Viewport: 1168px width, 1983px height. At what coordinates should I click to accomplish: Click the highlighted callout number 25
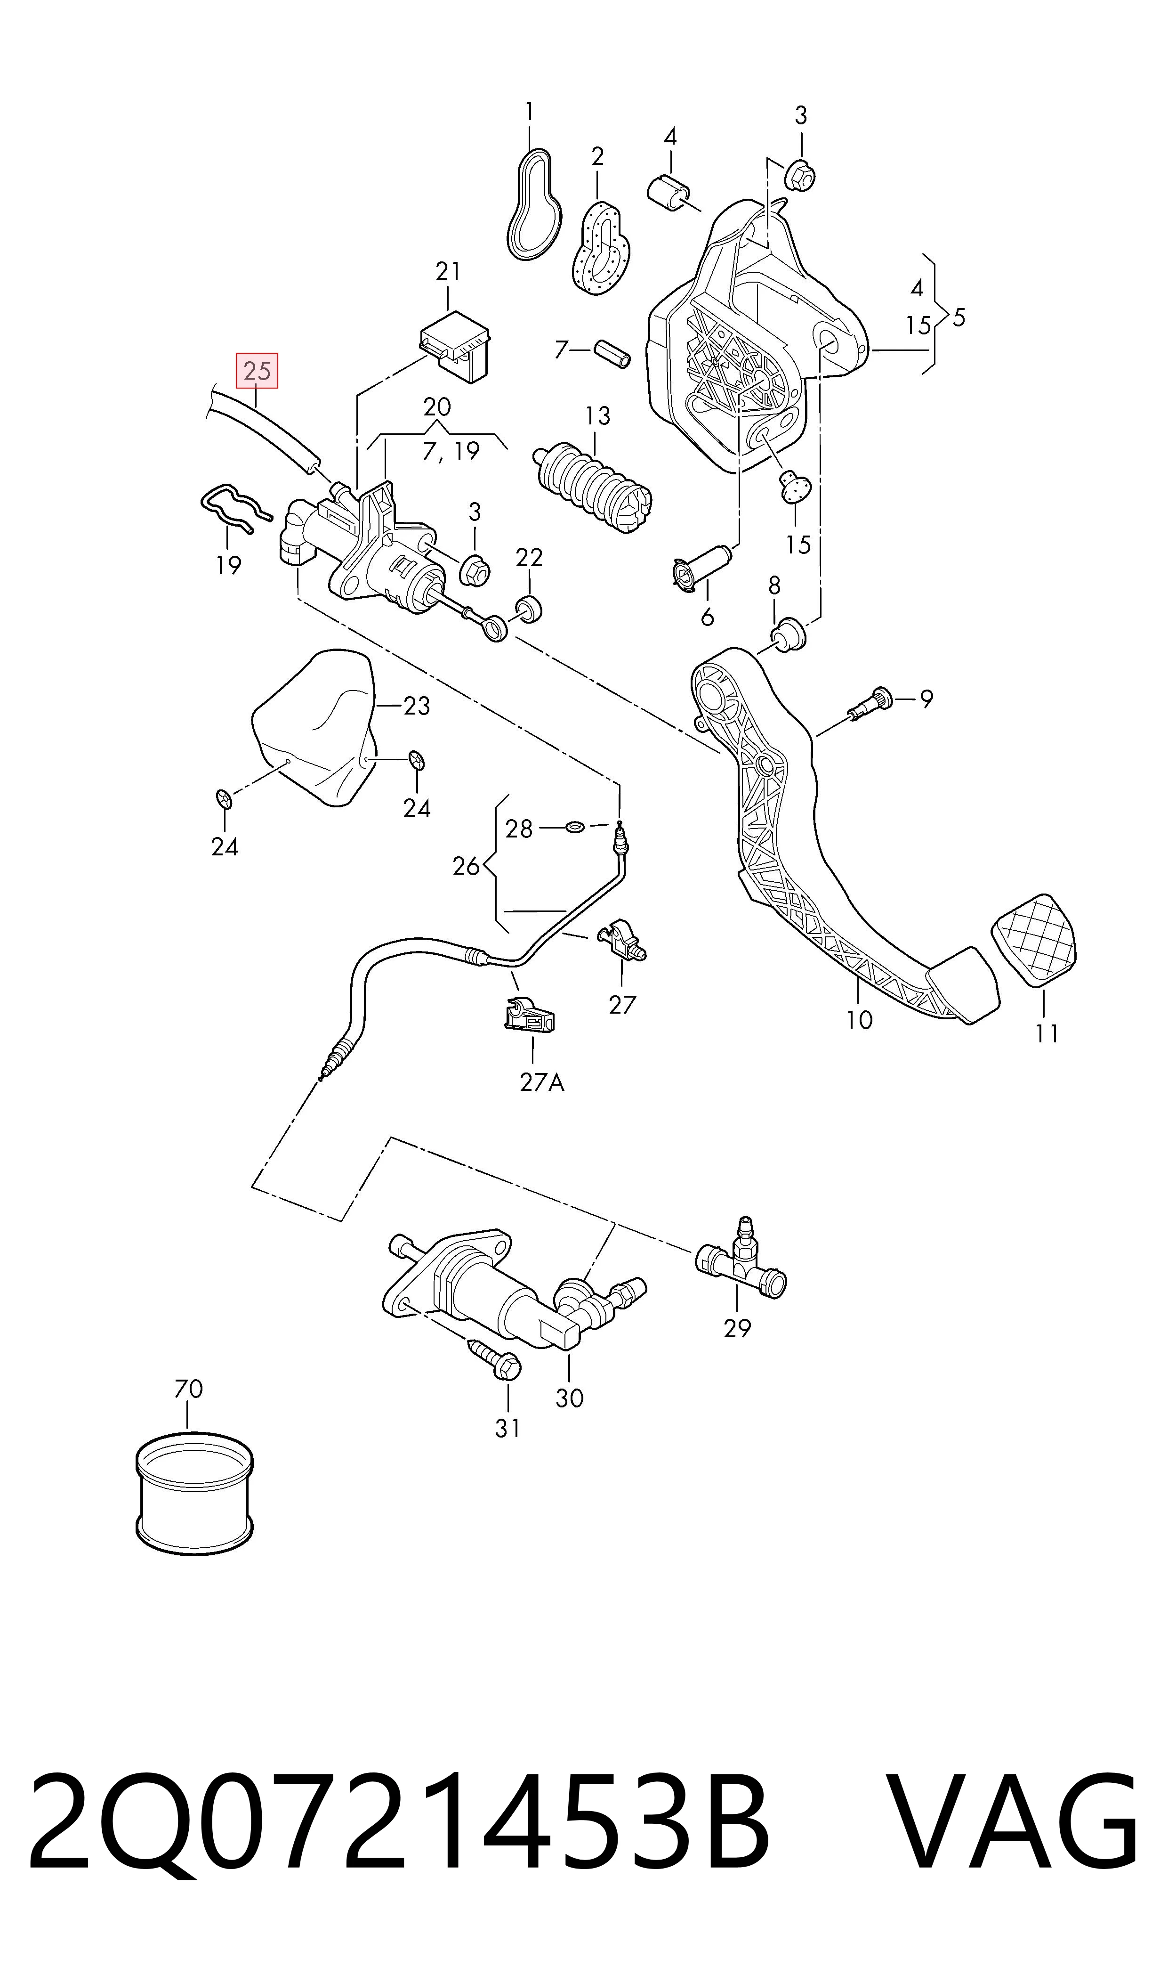pyautogui.click(x=258, y=371)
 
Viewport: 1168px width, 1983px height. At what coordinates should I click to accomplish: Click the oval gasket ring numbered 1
pyautogui.click(x=534, y=203)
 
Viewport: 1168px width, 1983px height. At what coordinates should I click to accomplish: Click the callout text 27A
pyautogui.click(x=542, y=1082)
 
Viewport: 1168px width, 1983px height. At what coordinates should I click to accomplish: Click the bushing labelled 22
pyautogui.click(x=528, y=610)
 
